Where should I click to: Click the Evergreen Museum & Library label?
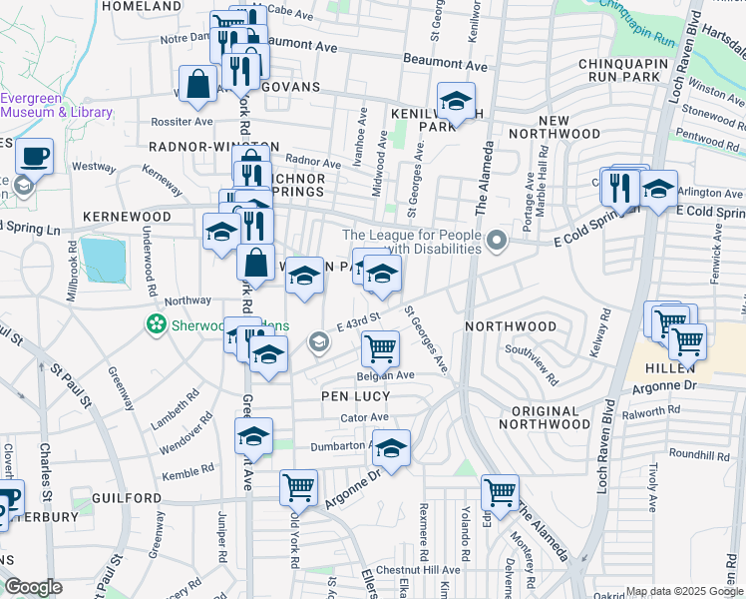(x=56, y=105)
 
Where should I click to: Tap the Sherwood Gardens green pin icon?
(x=156, y=323)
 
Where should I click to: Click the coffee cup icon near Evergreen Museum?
(x=35, y=157)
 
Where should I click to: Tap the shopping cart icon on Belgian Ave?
(x=380, y=348)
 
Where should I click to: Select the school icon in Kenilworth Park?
(x=456, y=101)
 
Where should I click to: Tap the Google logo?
(x=33, y=587)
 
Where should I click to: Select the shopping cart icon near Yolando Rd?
(x=499, y=490)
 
